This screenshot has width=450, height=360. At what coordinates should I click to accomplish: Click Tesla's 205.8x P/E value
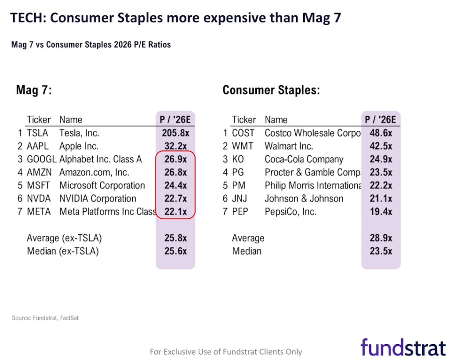[175, 133]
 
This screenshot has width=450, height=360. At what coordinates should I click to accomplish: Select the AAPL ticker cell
[37, 146]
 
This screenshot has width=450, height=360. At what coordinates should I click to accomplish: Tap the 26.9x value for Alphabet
[175, 159]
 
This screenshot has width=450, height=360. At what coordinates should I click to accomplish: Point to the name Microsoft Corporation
[102, 186]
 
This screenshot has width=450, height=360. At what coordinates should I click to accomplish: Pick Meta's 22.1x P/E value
[175, 212]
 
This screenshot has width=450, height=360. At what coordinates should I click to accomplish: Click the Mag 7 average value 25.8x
[175, 238]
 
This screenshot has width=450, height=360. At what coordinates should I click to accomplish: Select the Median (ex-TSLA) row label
[62, 252]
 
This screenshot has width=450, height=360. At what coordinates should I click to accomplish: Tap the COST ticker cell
[243, 133]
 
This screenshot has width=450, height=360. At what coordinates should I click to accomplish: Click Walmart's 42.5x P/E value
[381, 146]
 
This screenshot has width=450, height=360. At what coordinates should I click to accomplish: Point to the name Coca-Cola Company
[304, 159]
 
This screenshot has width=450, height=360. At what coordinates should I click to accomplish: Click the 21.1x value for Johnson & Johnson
[381, 199]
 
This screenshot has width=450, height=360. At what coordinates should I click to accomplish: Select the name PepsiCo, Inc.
[290, 212]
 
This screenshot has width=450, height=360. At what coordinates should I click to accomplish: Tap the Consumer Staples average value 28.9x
[381, 238]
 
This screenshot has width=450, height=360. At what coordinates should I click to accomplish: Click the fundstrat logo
[403, 347]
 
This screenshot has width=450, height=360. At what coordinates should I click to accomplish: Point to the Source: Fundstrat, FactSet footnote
[45, 318]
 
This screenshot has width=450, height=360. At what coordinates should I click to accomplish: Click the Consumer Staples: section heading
[271, 90]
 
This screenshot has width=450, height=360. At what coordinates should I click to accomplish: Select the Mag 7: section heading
[34, 90]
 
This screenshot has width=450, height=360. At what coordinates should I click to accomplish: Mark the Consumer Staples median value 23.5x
[381, 252]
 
